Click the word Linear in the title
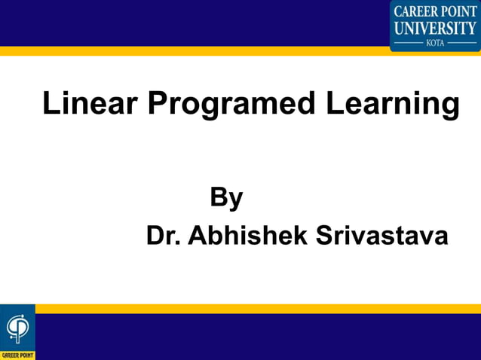point(90,104)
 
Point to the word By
point(226,199)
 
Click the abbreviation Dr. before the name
point(163,236)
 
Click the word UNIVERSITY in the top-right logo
point(435,28)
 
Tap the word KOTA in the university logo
point(435,43)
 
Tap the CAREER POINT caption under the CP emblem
point(17,354)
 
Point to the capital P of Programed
point(157,104)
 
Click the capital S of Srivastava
point(324,236)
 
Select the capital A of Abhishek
point(197,236)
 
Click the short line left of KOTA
point(409,43)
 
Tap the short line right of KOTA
point(461,43)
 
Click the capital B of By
point(219,197)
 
